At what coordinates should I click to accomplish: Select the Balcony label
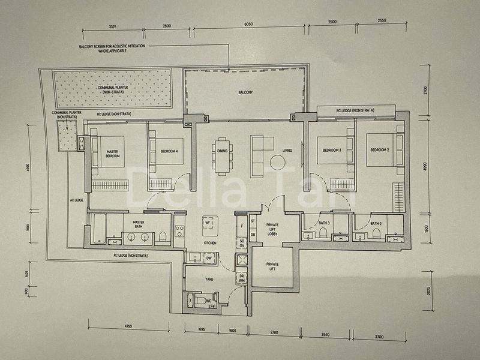(245, 92)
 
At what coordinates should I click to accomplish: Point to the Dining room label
(222, 151)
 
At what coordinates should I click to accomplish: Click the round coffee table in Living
(277, 162)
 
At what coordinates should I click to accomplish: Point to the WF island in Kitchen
(208, 223)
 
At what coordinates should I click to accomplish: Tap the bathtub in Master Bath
(100, 229)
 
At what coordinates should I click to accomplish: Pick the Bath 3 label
(325, 223)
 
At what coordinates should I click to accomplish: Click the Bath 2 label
(376, 223)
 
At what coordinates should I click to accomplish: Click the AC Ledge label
(76, 200)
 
